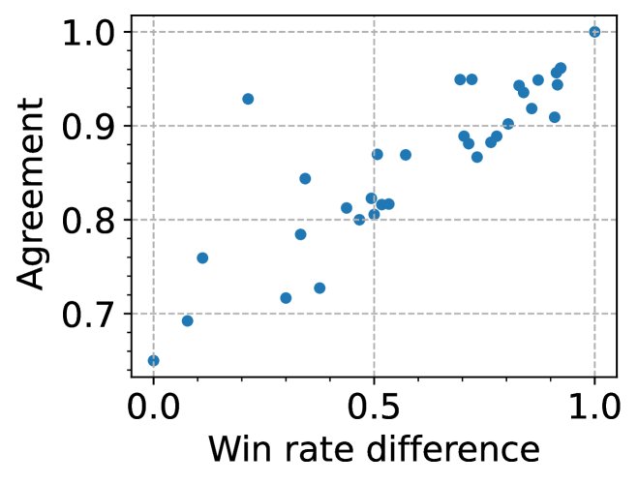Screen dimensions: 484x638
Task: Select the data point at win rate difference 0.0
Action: [153, 360]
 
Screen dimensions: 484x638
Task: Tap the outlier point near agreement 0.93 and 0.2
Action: [248, 99]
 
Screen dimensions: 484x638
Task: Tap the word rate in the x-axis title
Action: [319, 450]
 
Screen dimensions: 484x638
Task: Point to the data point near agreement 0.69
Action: [187, 320]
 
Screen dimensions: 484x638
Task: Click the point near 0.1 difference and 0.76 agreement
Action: [202, 258]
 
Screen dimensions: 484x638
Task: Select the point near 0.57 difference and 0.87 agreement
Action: [406, 155]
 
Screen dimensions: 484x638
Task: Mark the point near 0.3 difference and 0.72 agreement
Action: [286, 298]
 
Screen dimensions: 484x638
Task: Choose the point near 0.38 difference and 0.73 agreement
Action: [319, 288]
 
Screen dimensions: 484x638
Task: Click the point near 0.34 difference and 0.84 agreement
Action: [305, 178]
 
